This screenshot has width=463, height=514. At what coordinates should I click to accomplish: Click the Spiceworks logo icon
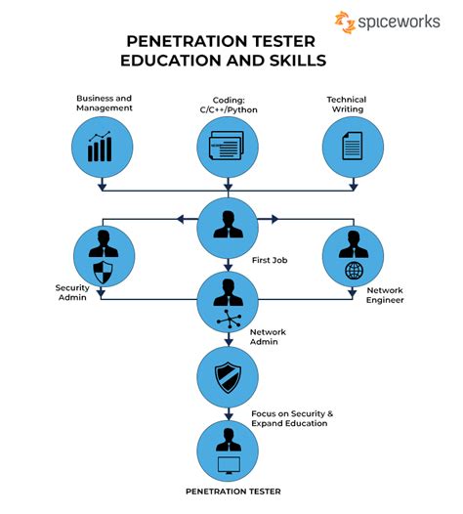pos(345,21)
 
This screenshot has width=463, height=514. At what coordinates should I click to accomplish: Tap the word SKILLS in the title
pos(298,61)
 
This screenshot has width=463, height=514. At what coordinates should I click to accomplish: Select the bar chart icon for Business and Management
pos(100,147)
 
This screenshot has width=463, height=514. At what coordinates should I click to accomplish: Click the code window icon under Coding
pos(227,146)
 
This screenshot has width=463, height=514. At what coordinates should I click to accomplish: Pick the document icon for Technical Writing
pos(353,146)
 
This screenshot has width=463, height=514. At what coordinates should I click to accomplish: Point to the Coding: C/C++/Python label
pos(229,105)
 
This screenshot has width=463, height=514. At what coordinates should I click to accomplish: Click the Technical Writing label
pos(347,105)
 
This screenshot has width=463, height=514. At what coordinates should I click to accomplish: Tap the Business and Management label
pos(105,103)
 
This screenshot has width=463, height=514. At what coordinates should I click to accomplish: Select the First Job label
pos(270,260)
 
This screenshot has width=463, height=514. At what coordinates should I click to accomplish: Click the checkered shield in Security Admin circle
pos(103,273)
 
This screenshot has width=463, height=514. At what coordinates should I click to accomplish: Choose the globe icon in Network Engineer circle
pos(354,271)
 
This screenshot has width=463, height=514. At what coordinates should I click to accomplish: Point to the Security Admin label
pos(72,292)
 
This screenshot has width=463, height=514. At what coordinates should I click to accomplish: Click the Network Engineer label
pos(385,295)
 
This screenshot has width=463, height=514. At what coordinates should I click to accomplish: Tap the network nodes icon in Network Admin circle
pos(229,319)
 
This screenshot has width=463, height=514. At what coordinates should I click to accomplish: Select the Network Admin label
pos(268,337)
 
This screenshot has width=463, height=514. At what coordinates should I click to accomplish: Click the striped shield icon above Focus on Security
pos(228,377)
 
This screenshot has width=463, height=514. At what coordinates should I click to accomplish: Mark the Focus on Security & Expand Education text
pos(292,418)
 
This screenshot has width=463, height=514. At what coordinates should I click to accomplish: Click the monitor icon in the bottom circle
pos(229,465)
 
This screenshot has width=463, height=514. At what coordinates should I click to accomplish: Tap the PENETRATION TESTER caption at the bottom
pos(233,492)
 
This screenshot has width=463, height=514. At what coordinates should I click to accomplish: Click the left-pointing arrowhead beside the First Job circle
pos(181,219)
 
